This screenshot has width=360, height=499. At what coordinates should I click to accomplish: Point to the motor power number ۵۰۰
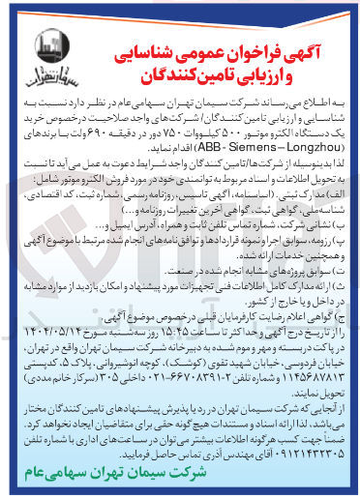pos(195,152)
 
